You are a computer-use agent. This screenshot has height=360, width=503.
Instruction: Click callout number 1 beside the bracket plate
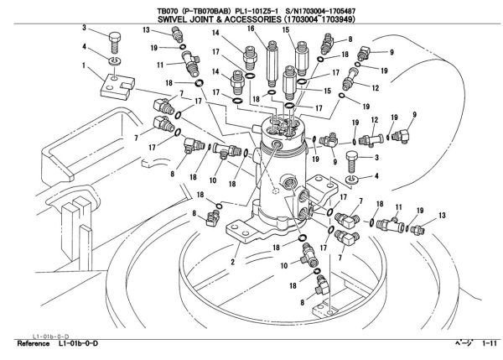(x=85, y=65)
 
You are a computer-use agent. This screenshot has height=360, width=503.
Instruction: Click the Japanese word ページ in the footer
(x=463, y=345)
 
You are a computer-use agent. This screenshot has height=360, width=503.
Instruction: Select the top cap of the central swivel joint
(x=281, y=126)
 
